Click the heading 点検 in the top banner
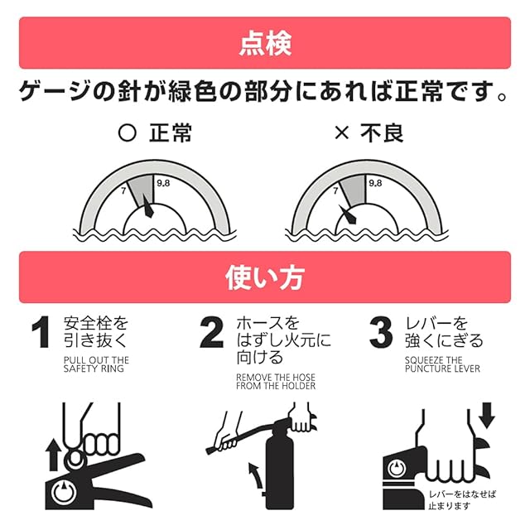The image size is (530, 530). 265,44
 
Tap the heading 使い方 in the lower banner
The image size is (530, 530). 265,277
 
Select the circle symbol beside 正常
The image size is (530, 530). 128,132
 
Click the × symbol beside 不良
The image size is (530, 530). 341,132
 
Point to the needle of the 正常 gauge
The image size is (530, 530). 148,206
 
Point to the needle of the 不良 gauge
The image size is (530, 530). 348,214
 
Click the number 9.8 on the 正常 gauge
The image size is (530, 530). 163,183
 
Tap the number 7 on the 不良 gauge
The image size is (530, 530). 335,191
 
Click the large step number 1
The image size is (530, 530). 41,331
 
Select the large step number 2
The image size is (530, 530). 212,331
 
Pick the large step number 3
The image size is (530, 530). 381,331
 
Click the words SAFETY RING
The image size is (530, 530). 94,369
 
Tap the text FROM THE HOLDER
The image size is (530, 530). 276,386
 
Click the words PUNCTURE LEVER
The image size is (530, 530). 442,369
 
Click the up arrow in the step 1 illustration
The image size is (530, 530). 53,455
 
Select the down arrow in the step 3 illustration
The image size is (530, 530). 487,416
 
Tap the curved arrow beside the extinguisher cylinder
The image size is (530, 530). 256,476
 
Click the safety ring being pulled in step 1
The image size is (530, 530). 75,457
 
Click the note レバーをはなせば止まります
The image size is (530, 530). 462,500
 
